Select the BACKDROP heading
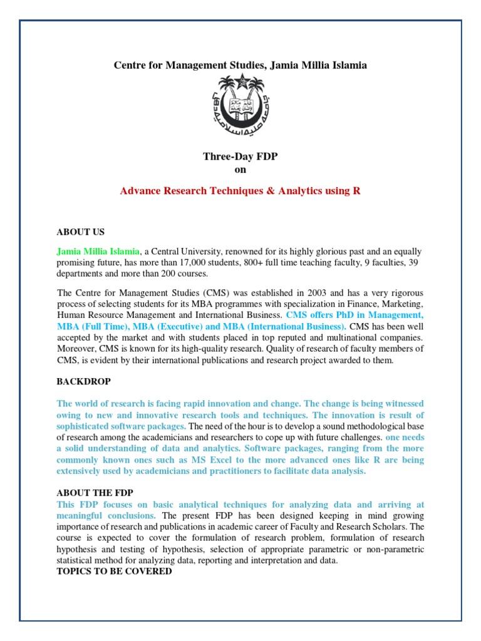click(x=83, y=381)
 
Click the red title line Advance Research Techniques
click(x=240, y=191)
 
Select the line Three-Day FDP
click(x=240, y=157)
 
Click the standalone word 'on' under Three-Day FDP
click(x=240, y=170)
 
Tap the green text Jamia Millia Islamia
click(x=98, y=250)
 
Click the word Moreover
click(x=77, y=349)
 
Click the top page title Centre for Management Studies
click(x=240, y=64)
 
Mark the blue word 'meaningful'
click(x=81, y=515)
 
